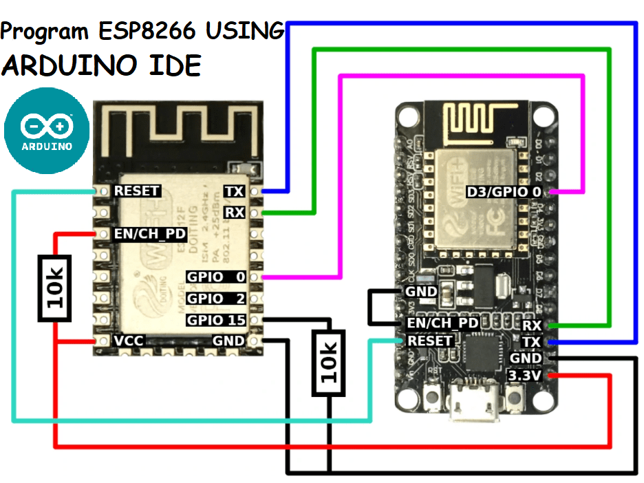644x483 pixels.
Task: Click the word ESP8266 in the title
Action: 159,31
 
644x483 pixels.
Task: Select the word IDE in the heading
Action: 172,65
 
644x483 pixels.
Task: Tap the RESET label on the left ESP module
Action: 137,191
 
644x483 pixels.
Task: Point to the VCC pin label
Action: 129,341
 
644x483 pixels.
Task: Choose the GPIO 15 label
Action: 215,320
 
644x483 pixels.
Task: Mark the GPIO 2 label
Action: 215,299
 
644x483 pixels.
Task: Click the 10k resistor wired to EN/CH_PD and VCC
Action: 56,288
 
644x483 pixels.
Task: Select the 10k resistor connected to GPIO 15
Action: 329,363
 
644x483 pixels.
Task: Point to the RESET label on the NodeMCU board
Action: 430,341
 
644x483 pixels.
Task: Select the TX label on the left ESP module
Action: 234,191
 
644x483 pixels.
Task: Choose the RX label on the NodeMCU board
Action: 532,325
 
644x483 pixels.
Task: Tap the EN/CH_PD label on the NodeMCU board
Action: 440,323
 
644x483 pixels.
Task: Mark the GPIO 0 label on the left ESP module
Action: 215,277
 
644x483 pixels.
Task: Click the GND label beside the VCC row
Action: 228,341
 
